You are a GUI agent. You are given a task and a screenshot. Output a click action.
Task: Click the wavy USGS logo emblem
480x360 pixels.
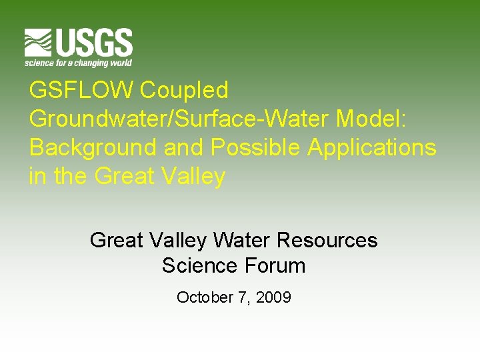pos(39,43)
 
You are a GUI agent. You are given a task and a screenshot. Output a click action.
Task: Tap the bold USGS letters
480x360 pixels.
pos(93,43)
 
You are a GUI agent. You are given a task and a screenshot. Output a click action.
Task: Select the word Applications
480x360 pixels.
pos(372,147)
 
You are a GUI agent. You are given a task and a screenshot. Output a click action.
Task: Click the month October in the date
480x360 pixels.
pos(203,297)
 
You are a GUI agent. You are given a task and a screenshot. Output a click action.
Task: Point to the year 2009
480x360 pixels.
pos(273,297)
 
